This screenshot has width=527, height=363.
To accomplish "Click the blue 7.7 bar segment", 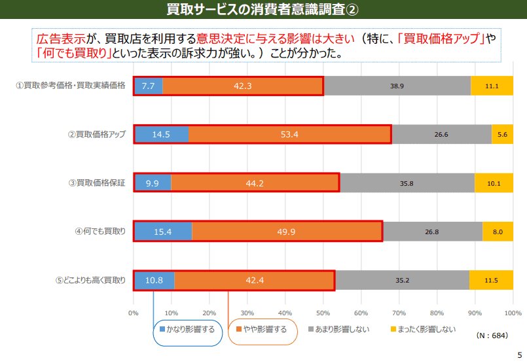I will coord(148,86).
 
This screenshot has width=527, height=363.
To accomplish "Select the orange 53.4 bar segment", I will coord(289,134).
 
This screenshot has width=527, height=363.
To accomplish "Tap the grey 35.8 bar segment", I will coord(407,183).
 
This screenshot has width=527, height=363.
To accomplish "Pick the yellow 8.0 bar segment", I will coord(498,232).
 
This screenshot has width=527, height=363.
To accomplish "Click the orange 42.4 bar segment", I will coord(254,281).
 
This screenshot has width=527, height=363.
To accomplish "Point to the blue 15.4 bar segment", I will coord(162,232).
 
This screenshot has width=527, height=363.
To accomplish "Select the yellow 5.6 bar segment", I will coord(502,134).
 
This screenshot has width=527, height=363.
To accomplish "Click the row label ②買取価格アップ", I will coord(97,134).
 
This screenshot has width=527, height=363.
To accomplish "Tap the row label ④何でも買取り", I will coord(100,232).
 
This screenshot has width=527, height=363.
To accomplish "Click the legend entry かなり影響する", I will coord(188,330).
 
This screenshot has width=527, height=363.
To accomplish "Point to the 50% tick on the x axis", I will coord(323,313).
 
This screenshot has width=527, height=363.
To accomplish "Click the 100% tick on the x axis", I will coord(513,313).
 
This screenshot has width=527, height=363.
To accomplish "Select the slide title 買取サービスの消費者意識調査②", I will coord(263,9).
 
